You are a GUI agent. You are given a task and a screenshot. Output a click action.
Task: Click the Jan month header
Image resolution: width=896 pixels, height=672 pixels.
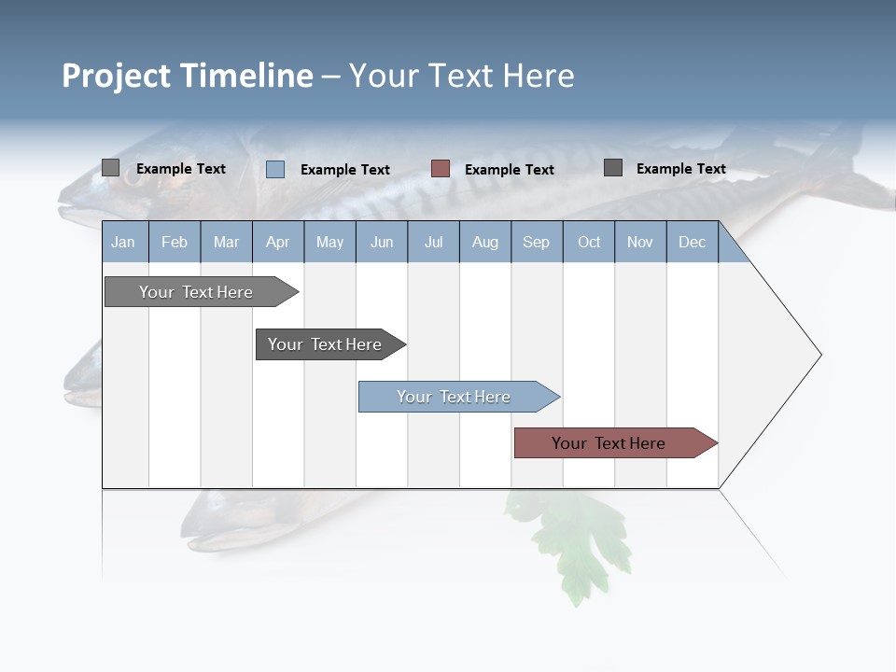point(123,242)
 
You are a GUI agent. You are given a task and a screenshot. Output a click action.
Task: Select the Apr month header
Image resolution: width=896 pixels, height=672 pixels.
point(277,242)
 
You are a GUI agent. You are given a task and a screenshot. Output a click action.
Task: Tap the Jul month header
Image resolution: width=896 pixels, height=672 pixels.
point(433,242)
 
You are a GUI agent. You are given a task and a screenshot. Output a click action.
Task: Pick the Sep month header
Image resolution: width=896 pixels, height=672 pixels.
point(536,242)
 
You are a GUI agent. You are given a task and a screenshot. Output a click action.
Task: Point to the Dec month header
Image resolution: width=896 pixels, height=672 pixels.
point(692,242)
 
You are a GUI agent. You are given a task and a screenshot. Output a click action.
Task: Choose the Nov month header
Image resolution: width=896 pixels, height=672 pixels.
point(639,242)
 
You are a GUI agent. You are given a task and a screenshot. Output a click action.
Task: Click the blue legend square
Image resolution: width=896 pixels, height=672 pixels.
point(275,169)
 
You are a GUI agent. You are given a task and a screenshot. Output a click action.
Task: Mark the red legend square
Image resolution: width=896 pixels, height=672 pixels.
point(441,169)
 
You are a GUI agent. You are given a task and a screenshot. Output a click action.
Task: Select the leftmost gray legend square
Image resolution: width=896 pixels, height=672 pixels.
point(111,168)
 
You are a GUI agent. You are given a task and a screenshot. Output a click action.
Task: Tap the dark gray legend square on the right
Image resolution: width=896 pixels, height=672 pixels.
point(613,168)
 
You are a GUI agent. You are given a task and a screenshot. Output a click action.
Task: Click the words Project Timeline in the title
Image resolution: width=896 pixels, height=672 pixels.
point(187,76)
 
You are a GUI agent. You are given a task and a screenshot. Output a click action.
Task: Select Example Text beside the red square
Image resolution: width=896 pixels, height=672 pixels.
point(509,170)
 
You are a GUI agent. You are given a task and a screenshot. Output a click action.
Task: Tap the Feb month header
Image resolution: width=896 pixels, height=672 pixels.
point(175,242)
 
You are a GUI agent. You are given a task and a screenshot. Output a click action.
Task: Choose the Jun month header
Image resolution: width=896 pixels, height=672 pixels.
point(381,242)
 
